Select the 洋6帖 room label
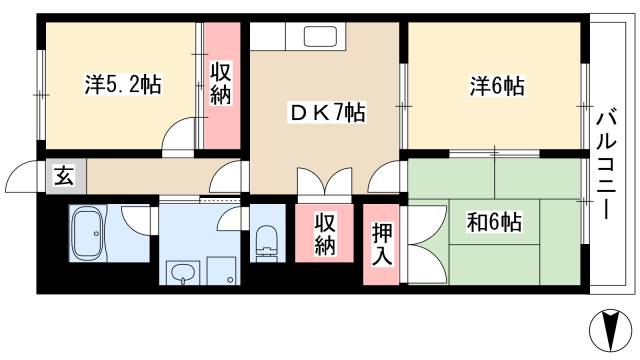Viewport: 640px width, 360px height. coord(496,87)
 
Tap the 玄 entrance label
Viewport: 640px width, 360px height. coord(62,177)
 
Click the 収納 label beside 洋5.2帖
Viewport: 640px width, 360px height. coord(221,85)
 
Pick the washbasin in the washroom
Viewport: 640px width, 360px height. coord(182,273)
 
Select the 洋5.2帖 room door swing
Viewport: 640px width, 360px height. coord(180,134)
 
